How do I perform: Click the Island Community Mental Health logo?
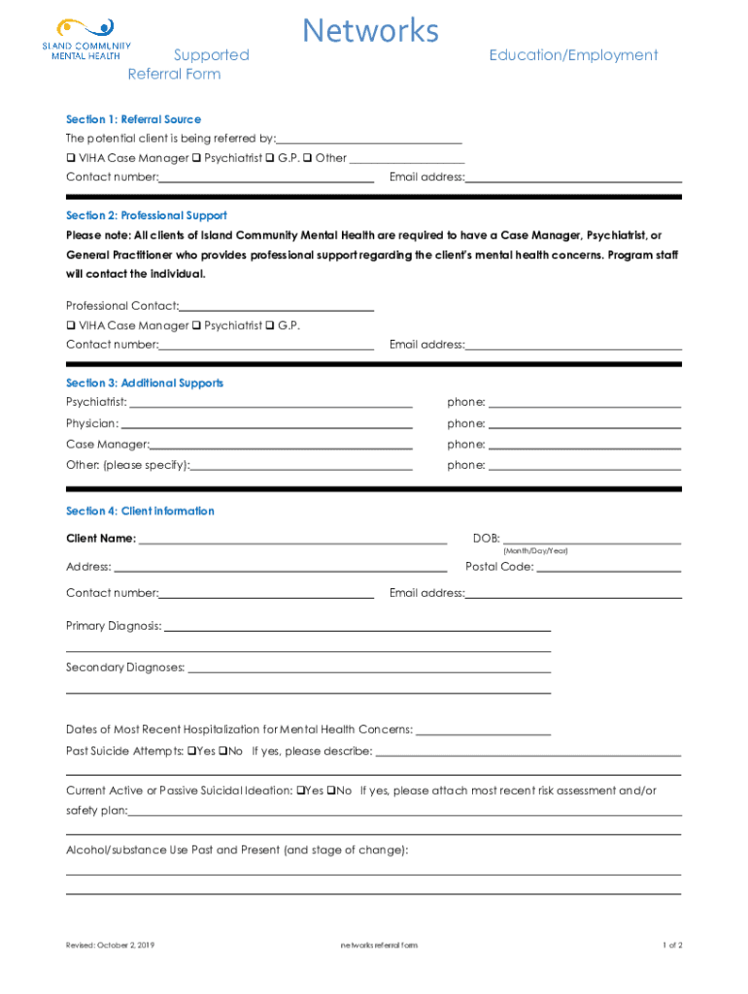86,39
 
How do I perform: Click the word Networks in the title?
370,31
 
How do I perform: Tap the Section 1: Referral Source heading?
133,119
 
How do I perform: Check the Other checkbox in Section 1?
307,157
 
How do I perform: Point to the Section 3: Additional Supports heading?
145,383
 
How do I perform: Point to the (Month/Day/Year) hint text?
535,551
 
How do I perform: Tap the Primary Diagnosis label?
114,626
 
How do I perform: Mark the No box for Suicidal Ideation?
330,790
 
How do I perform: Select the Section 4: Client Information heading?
140,512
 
